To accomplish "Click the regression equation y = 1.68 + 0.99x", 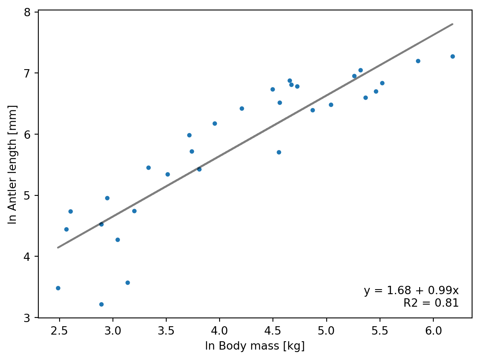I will (x=411, y=290).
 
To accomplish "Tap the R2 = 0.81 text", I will (x=431, y=303).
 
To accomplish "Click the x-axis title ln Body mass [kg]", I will (x=255, y=346).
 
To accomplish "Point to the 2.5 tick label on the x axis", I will (x=60, y=331).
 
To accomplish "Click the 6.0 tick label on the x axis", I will (x=433, y=331).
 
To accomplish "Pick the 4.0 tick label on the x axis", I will (x=220, y=331).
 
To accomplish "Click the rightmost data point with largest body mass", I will (x=452, y=56).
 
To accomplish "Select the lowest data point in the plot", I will (x=101, y=304).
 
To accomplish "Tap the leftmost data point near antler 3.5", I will (x=58, y=288).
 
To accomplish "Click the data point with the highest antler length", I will (x=452, y=56).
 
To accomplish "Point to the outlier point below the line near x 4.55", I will (x=279, y=152).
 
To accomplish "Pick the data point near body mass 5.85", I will (x=418, y=61).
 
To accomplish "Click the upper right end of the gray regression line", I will (x=452, y=24).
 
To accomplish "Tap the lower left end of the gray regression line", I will (x=58, y=247).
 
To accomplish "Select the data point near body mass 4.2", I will (x=242, y=108).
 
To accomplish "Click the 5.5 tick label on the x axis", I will (x=380, y=331).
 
